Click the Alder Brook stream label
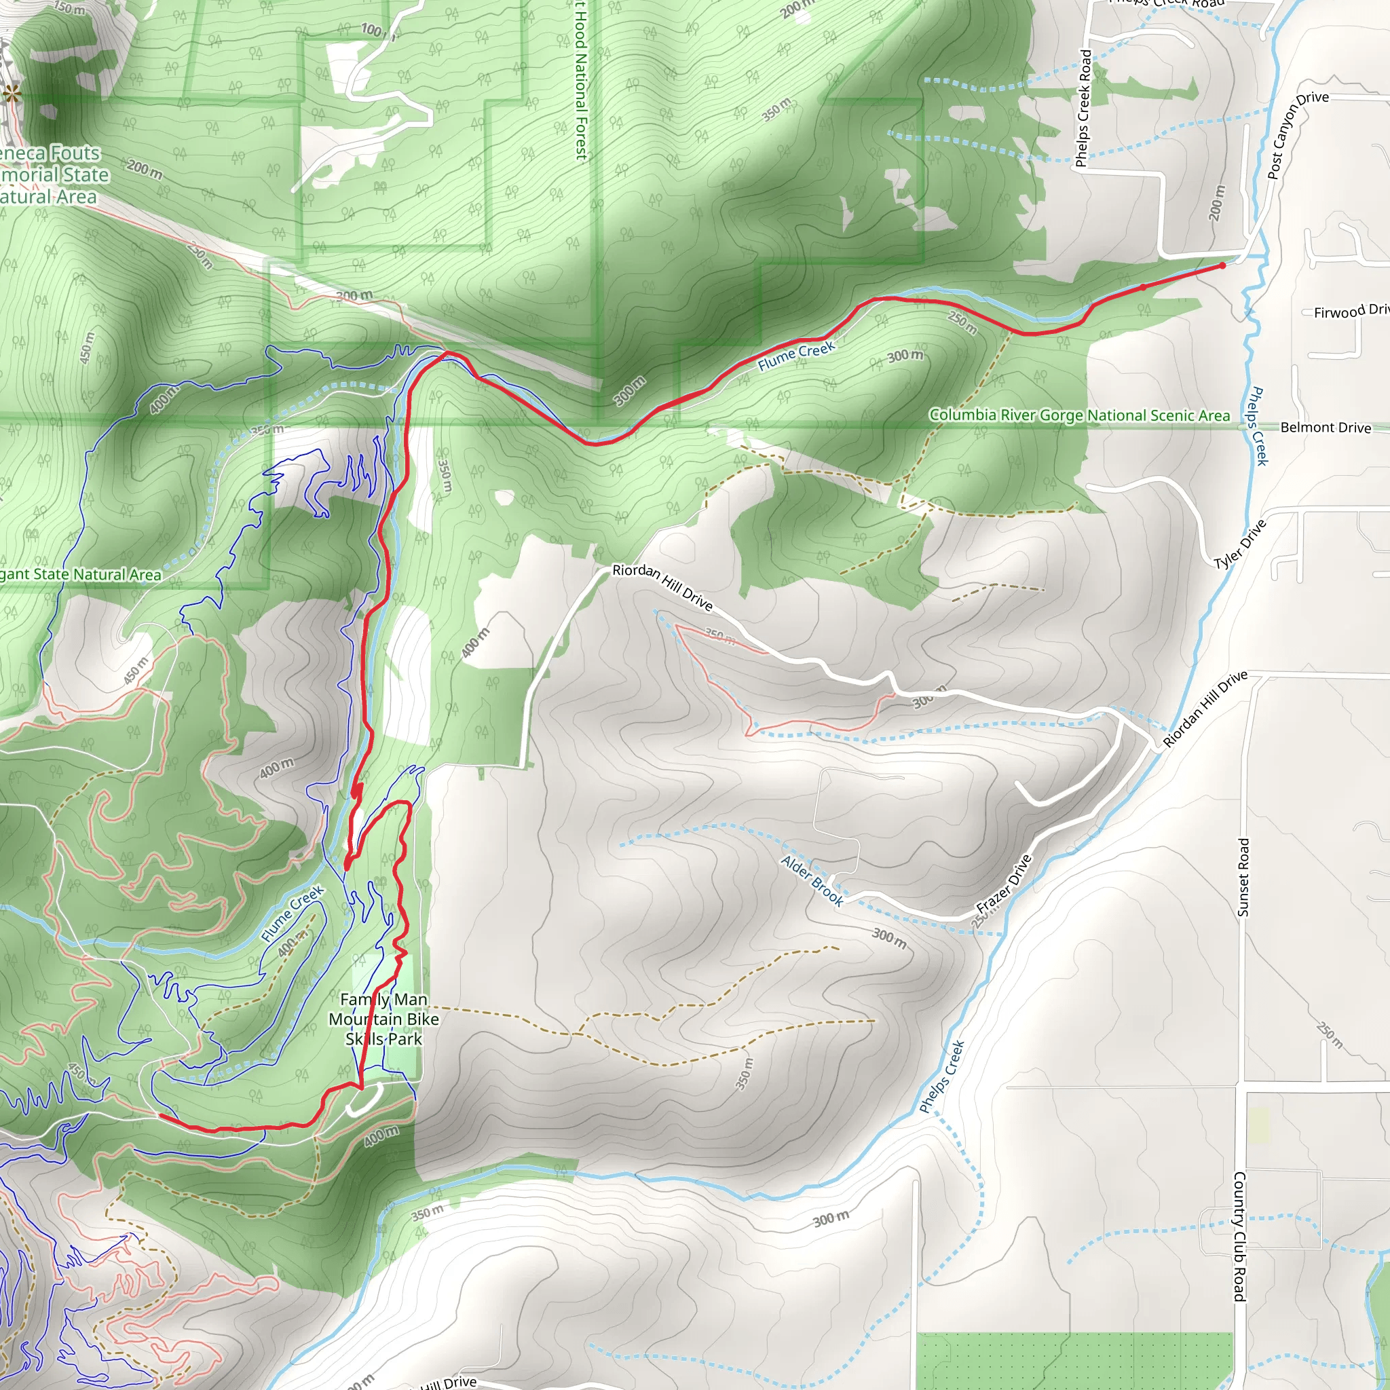(812, 880)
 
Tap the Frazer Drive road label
(1004, 884)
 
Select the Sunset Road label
(1243, 877)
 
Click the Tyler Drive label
(1239, 544)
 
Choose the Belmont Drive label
(1326, 428)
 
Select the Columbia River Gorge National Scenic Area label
(1079, 415)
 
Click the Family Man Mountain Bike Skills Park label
(383, 1019)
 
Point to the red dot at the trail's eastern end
(1222, 265)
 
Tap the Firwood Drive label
(1350, 311)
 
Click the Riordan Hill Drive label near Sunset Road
(1205, 709)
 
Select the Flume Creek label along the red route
(795, 356)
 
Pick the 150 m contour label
(70, 8)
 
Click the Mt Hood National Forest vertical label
(580, 79)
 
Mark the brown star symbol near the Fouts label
(12, 93)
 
